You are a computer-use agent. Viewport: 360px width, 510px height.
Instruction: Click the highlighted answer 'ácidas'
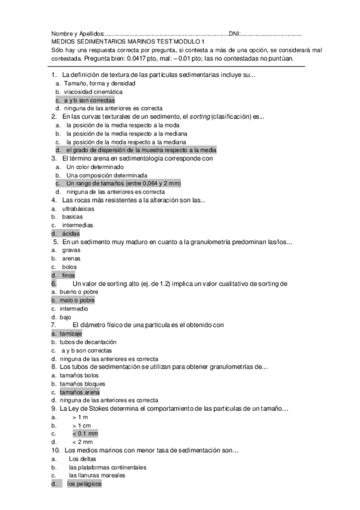(70, 233)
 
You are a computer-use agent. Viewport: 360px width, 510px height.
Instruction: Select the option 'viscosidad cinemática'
(93, 92)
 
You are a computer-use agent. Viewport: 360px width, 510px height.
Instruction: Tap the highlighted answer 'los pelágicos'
(85, 484)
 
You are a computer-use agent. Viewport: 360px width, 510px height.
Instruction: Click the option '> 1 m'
(80, 417)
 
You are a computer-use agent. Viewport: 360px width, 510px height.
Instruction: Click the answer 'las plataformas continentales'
(107, 467)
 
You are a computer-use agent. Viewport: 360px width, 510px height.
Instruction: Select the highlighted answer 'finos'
(69, 275)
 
